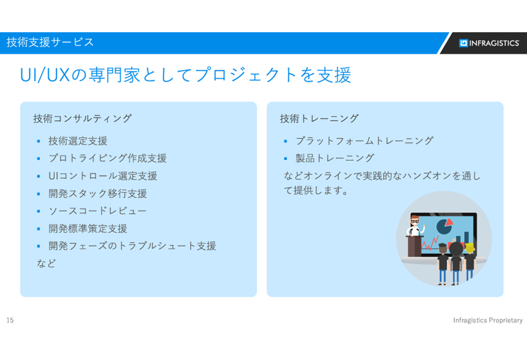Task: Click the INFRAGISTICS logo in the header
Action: coord(489,43)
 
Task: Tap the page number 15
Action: coord(10,320)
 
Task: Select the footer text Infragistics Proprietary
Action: coord(488,320)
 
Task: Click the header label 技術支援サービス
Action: coord(50,42)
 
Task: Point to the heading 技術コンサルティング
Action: coord(82,118)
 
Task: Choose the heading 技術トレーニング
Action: coord(319,118)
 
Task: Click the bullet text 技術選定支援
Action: coord(78,141)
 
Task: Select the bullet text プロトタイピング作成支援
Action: coord(107,158)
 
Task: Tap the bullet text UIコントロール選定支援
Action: coord(103,176)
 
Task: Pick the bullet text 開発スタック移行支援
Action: coord(98,193)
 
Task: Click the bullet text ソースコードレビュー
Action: coord(97,211)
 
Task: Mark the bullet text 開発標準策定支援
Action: coord(87,228)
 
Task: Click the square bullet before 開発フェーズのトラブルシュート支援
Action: coord(39,246)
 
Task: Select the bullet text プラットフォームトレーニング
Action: coord(364,141)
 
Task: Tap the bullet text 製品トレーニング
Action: coord(335,158)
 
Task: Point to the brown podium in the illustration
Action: coord(414,246)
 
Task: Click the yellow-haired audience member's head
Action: coord(469,248)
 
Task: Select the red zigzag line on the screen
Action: coord(430,243)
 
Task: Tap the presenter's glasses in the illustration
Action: coord(415,221)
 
